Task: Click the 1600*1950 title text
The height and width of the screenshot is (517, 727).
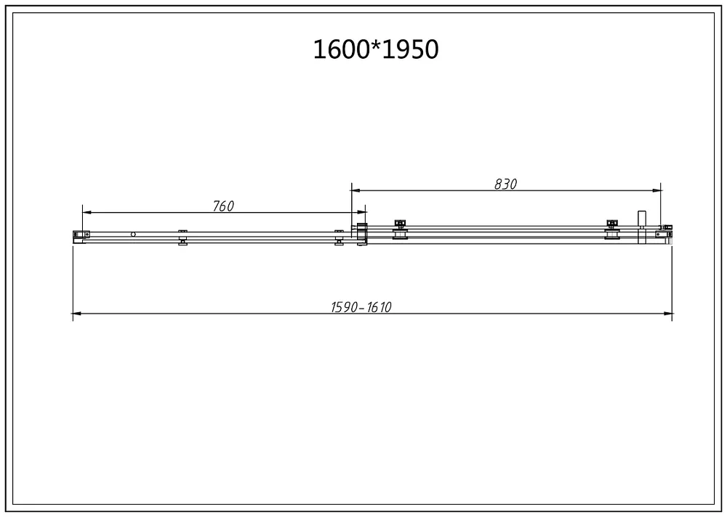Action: tap(376, 49)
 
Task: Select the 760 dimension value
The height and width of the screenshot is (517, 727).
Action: tap(223, 205)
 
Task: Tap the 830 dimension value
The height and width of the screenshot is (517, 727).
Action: tap(505, 184)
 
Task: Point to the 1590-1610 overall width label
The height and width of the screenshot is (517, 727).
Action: tap(361, 307)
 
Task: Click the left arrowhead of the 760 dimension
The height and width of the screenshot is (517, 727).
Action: tap(87, 212)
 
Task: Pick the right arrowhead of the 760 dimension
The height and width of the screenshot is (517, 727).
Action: tap(361, 212)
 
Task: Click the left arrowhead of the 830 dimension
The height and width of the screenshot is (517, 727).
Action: tap(356, 190)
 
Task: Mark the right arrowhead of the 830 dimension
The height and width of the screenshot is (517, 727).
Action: tap(656, 190)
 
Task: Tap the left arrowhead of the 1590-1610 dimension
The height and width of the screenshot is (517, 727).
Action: tap(78, 314)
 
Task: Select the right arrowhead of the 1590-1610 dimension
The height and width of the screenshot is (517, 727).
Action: tap(668, 314)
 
